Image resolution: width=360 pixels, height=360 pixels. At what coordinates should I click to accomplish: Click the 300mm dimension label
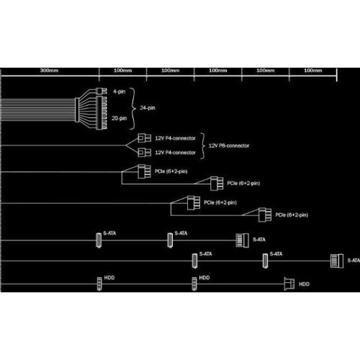pos(49,71)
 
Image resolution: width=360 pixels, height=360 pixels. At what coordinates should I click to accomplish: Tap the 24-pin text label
pos(148,108)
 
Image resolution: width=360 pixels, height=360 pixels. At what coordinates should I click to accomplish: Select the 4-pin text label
pos(120,91)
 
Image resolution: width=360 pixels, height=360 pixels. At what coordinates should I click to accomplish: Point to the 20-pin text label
pos(120,118)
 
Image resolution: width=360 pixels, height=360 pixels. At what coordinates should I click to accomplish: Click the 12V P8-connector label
pos(229,145)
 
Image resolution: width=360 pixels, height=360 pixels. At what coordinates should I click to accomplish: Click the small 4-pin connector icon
pos(102,91)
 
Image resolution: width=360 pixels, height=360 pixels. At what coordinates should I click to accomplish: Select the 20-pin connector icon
pos(102,113)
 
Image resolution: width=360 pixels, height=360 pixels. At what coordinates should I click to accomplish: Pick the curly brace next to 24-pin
pos(132,109)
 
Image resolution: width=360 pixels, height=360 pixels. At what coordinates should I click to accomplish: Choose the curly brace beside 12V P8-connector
pos(203,145)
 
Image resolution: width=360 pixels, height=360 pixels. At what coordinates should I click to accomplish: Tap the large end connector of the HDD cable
pos(289,284)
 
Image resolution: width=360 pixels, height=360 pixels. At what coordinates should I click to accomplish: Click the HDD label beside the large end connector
pos(304,284)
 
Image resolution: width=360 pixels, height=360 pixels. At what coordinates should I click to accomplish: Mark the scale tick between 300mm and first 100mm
pos(99,75)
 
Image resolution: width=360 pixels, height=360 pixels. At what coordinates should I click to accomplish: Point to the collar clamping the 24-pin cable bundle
pos(77,110)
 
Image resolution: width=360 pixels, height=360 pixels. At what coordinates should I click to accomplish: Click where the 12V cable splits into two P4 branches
pos(126,145)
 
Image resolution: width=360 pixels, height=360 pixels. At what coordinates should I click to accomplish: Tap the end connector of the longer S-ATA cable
pos(337,261)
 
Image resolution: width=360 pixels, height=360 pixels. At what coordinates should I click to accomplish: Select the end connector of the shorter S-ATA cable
pos(242,240)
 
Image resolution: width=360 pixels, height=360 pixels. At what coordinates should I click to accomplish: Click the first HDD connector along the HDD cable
pos(99,284)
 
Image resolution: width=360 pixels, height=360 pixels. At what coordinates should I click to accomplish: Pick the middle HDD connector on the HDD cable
pos(194,284)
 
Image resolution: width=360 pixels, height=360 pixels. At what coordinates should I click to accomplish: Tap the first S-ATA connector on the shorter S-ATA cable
pos(99,240)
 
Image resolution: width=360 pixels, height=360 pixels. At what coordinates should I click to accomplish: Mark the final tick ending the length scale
pos(337,75)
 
